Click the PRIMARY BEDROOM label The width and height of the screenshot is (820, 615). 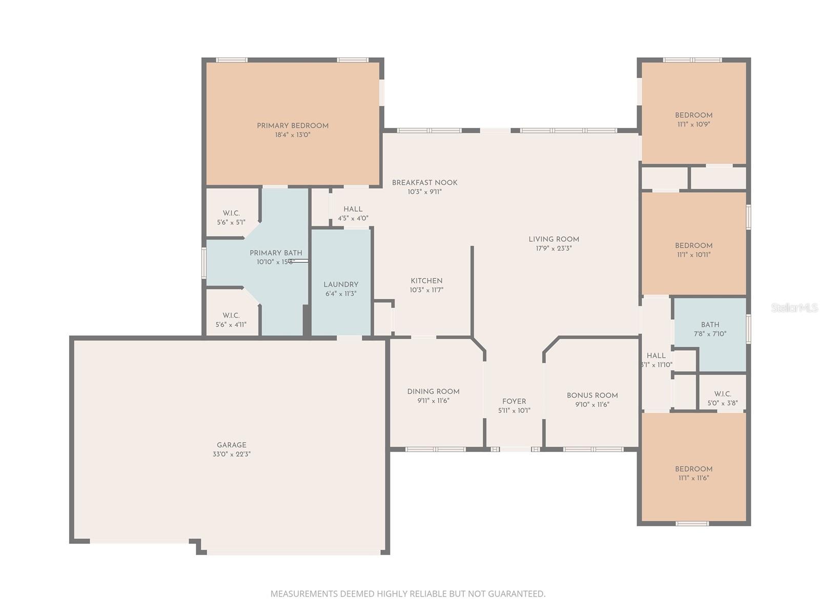[293, 126]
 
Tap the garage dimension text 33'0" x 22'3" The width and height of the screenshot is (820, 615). [232, 454]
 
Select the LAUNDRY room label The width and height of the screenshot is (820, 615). [341, 284]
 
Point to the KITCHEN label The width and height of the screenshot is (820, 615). [426, 281]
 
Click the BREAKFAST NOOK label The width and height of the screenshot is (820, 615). [424, 182]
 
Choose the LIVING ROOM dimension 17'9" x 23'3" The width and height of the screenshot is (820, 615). [553, 249]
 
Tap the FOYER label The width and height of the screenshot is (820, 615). [514, 401]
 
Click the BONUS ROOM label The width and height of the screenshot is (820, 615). [592, 395]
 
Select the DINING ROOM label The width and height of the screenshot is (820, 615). [433, 392]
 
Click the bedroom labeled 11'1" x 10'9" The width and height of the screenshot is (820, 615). [693, 119]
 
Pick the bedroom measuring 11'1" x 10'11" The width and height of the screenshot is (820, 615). [693, 250]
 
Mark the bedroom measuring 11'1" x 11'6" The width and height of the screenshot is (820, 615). [693, 473]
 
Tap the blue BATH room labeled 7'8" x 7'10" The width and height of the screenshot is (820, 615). [710, 329]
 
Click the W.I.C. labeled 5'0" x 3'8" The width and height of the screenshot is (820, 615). [723, 398]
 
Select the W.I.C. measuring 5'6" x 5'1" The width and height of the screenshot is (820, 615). [231, 217]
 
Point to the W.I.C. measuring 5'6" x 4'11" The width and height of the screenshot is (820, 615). [231, 319]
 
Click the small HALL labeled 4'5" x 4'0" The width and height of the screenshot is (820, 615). [353, 213]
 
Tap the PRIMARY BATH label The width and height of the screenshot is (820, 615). [276, 253]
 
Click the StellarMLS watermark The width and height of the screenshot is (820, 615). [794, 307]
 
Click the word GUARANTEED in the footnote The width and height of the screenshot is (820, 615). [516, 593]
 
